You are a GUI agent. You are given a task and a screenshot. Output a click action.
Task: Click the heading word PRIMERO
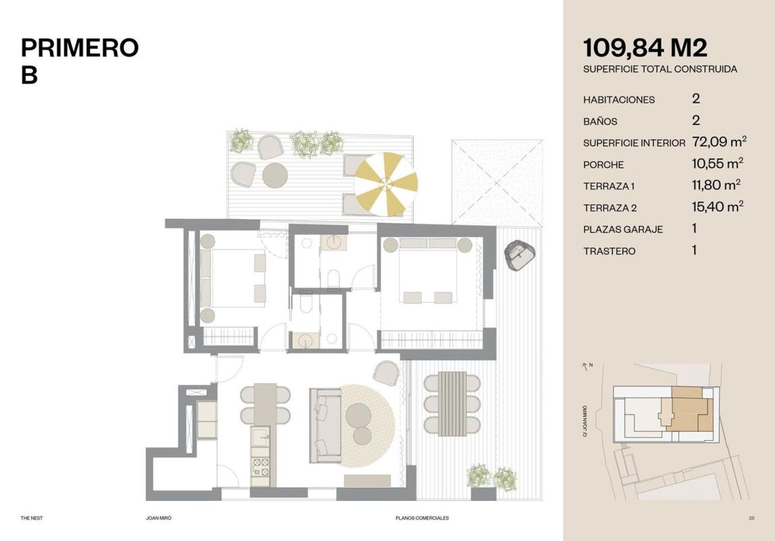80,48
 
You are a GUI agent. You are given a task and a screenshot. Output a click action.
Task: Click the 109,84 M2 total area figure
645,49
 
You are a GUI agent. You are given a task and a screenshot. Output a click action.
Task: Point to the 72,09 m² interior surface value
719,142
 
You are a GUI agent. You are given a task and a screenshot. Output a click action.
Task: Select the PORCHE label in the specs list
603,165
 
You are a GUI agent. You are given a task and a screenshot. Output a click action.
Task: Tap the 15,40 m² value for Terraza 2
718,206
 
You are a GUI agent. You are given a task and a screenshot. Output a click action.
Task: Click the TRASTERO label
609,251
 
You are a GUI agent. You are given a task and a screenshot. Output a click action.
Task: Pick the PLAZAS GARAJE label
623,229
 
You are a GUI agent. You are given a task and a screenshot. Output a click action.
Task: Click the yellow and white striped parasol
386,184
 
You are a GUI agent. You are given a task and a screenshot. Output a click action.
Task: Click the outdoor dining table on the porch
452,404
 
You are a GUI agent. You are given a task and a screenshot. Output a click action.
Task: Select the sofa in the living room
326,425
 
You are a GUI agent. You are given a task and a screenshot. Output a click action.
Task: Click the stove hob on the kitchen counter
260,467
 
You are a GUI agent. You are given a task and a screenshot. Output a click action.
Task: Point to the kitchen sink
260,436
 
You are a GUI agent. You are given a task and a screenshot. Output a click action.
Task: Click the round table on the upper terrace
275,175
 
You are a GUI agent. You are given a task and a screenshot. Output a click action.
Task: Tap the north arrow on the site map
585,367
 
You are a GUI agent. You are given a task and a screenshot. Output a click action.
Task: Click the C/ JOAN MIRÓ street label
584,421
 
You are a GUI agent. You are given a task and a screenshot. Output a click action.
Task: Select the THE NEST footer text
32,518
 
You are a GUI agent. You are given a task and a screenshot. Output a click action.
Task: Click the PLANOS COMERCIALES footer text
422,518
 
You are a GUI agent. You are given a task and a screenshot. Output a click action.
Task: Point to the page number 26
751,518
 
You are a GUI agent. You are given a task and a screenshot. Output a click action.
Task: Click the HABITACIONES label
619,100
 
